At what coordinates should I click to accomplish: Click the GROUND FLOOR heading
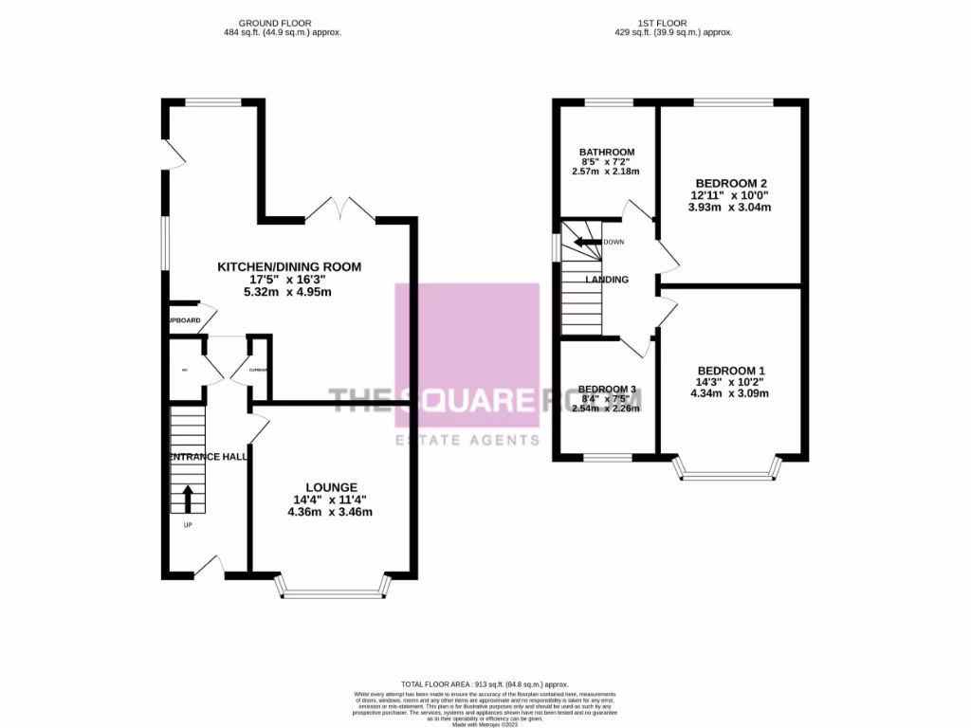276,23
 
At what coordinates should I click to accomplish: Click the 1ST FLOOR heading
671,23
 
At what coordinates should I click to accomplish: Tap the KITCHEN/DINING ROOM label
289,267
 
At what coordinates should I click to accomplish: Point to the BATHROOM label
607,152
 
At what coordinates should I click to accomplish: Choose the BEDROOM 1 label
731,371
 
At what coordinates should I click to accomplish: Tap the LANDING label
607,280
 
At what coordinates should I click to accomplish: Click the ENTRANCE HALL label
208,457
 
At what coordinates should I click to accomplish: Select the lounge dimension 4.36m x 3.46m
331,513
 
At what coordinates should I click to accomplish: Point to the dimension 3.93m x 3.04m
730,208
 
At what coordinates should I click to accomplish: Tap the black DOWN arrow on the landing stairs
580,242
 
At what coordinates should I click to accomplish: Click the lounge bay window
333,590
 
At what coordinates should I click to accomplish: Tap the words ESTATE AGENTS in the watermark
467,440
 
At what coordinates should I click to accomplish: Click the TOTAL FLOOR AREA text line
485,683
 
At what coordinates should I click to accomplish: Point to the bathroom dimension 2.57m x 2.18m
607,172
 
